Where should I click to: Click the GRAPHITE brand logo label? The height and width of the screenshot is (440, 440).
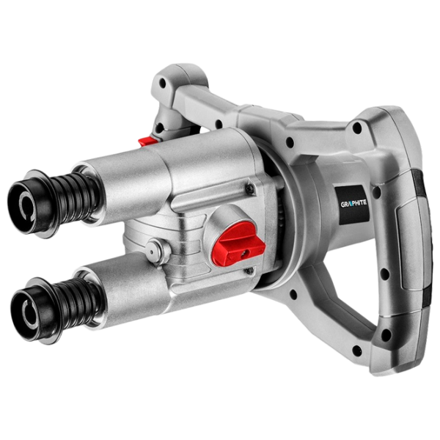[x=353, y=203]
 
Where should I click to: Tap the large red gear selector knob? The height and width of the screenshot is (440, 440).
[x=239, y=243]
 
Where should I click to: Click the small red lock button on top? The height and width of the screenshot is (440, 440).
[x=147, y=141]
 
